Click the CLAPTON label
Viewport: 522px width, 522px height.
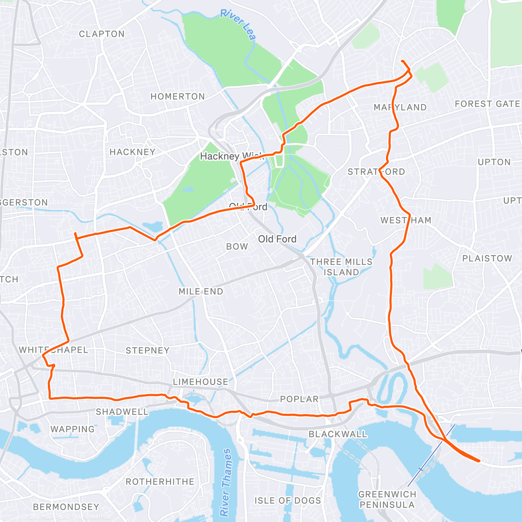pyautogui.click(x=102, y=34)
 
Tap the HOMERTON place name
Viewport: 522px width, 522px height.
pyautogui.click(x=177, y=97)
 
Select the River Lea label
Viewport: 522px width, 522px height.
pyautogui.click(x=238, y=24)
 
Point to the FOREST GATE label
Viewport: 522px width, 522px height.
pyautogui.click(x=487, y=104)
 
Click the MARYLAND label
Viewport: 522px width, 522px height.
pyautogui.click(x=400, y=107)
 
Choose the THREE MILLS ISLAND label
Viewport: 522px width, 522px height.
pyautogui.click(x=341, y=267)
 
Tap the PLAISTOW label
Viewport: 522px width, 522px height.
pyautogui.click(x=487, y=258)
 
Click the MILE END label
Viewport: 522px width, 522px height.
pyautogui.click(x=201, y=291)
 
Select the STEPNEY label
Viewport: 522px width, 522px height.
pyautogui.click(x=147, y=350)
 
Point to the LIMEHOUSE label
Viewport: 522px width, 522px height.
pyautogui.click(x=201, y=382)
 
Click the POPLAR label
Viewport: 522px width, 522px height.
pyautogui.click(x=299, y=399)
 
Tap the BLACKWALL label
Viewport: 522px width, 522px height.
pyautogui.click(x=338, y=434)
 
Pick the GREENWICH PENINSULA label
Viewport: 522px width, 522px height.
pyautogui.click(x=387, y=499)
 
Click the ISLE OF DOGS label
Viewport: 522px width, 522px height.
pyautogui.click(x=288, y=501)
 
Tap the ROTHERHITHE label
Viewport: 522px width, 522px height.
pyautogui.click(x=160, y=482)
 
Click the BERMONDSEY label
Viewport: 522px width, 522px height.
pyautogui.click(x=66, y=507)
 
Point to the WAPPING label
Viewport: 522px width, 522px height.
pyautogui.click(x=73, y=429)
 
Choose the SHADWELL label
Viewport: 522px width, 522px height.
pyautogui.click(x=122, y=412)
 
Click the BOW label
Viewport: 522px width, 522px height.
pyautogui.click(x=237, y=247)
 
